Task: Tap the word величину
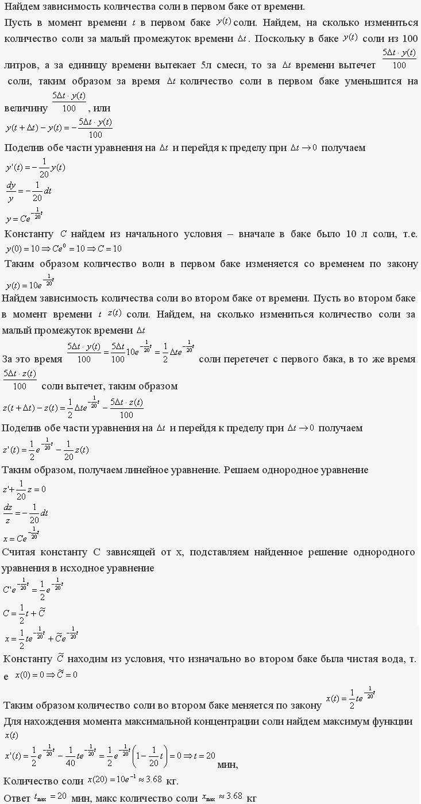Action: point(25,108)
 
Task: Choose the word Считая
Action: point(21,552)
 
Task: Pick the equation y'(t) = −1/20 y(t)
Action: point(35,167)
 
